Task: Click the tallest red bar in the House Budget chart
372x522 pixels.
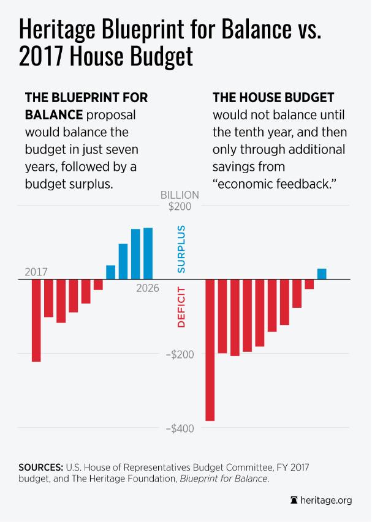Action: [x=210, y=349]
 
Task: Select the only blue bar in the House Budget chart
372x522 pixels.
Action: [x=321, y=274]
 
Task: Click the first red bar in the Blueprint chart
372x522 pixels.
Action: [x=36, y=320]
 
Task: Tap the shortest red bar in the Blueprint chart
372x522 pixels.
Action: [x=98, y=285]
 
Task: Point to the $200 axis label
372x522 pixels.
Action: [x=180, y=207]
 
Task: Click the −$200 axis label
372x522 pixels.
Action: [x=179, y=355]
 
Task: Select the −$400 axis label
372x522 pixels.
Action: [x=179, y=429]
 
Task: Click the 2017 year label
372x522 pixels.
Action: [x=36, y=272]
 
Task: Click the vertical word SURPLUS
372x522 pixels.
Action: [x=181, y=248]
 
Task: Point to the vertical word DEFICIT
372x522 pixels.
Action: [x=181, y=307]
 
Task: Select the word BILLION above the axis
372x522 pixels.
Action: [x=180, y=195]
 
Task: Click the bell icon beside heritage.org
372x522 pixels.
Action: [x=294, y=501]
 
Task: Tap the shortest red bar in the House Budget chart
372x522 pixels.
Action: [x=309, y=284]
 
